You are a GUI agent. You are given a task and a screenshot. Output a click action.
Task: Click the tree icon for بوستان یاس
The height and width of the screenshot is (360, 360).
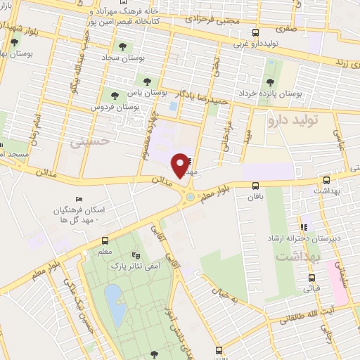[146, 82]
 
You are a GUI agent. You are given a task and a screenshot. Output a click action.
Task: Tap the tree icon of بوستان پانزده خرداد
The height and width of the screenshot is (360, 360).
[269, 82]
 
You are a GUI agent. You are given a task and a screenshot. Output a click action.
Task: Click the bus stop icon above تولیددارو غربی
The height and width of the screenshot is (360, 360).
[255, 32]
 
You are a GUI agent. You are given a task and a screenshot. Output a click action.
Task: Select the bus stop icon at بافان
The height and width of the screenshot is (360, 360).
[255, 186]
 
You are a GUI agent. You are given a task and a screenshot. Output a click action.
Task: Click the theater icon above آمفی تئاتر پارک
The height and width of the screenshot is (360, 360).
[136, 255]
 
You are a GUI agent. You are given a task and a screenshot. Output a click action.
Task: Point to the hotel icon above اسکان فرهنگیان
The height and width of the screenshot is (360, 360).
[78, 200]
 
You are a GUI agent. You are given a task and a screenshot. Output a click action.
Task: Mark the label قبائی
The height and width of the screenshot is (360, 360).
[311, 288]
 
